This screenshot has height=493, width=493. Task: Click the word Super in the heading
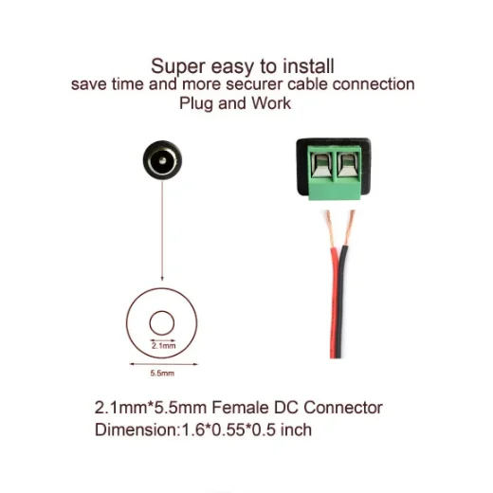point(178,67)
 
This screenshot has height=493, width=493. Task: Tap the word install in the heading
point(308,66)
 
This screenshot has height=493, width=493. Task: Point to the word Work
point(271,103)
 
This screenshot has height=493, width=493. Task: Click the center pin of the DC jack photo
point(162,161)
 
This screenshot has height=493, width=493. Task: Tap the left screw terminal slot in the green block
point(321,165)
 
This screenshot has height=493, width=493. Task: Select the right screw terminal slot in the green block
point(348,165)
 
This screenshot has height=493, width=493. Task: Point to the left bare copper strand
point(330,229)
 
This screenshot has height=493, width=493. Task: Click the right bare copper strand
point(349,228)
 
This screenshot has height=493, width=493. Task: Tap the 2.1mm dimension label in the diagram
point(163,346)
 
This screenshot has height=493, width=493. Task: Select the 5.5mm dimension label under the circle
point(162,374)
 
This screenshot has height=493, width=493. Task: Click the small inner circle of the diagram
point(162,311)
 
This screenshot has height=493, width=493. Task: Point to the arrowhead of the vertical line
point(162,278)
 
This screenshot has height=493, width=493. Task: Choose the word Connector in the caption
point(343,408)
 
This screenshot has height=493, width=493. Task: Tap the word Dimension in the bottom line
point(137,429)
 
